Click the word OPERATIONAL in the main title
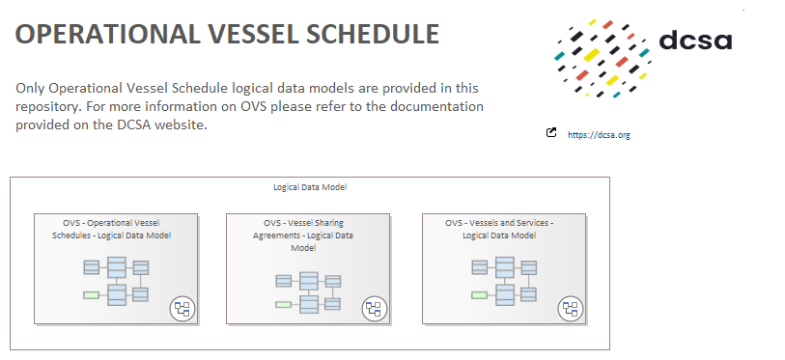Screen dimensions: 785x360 107,34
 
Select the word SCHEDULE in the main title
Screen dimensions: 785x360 373,34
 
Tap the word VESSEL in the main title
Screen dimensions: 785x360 252,34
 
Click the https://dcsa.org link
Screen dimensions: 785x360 599,135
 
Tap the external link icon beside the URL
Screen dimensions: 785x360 551,132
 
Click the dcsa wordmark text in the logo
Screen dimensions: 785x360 695,41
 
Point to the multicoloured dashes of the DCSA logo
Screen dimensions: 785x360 603,58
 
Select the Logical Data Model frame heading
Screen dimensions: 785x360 310,187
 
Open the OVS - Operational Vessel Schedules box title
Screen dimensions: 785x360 112,230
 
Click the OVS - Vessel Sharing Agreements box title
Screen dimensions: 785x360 303,235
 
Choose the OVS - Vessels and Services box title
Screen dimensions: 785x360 499,230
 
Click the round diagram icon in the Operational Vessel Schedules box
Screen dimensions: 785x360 182,309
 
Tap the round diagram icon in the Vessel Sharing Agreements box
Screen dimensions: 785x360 375,309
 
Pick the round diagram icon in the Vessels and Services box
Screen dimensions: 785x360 571,309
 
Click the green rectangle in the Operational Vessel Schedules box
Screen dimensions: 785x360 91,295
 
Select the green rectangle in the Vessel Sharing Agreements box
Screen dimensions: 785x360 283,304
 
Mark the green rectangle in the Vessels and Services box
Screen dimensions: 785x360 480,295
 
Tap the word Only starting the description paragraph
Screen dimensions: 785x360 30,89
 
